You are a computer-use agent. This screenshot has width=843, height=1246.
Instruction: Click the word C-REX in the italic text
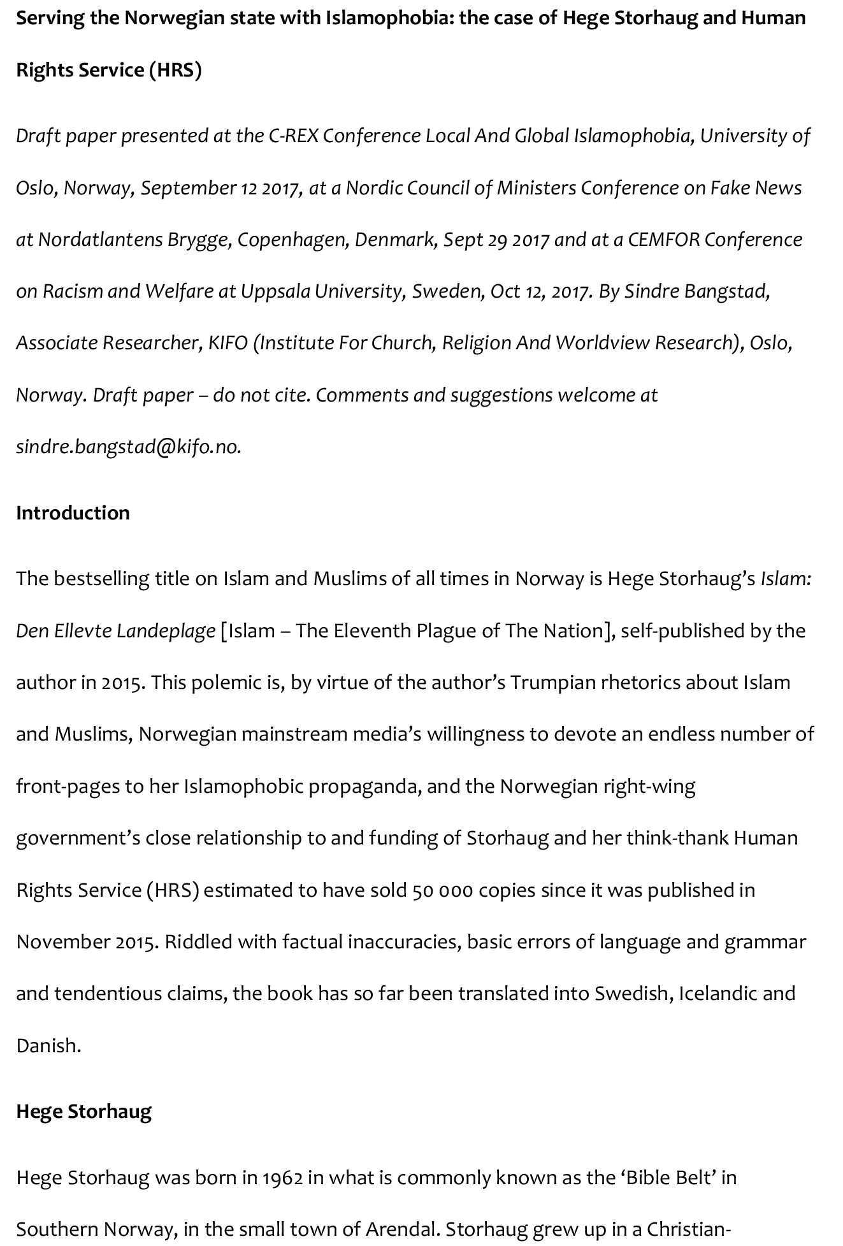pos(292,136)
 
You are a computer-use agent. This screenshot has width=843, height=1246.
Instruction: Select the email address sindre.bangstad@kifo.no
pos(128,447)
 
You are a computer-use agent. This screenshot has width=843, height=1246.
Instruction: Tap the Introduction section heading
pos(73,513)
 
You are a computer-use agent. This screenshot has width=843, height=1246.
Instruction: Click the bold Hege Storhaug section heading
pos(83,1112)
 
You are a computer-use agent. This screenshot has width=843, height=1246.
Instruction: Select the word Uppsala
pos(275,291)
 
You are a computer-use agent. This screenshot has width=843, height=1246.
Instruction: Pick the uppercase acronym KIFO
pos(227,343)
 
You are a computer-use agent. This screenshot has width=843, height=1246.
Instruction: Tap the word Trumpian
pos(552,683)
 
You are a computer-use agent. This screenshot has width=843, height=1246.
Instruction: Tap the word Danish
pos(47,1046)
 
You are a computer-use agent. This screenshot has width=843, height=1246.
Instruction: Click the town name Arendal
pos(400,1229)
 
